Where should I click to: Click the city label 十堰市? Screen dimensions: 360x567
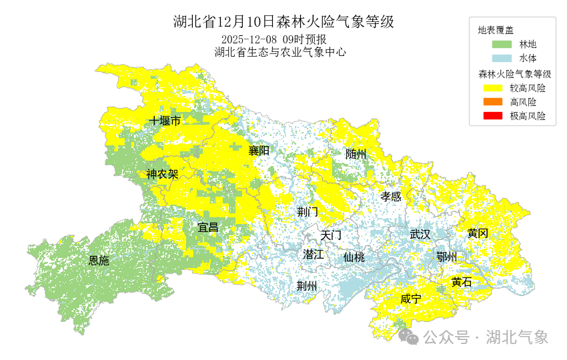(x=165, y=121)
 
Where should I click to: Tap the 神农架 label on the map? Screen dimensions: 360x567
(x=162, y=175)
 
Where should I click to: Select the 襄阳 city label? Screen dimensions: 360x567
(x=259, y=151)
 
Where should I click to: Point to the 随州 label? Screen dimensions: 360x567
(x=356, y=154)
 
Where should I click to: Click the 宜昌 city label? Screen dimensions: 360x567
(x=208, y=227)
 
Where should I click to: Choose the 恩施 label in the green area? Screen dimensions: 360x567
(x=99, y=261)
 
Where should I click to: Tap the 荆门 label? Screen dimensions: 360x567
(x=308, y=212)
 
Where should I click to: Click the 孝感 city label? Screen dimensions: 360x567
(x=391, y=196)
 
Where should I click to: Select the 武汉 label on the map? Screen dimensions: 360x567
(x=420, y=234)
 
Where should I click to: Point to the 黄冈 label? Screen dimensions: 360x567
(x=478, y=233)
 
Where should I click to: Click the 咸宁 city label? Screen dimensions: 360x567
(x=411, y=299)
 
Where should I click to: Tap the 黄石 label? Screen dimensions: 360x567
(x=462, y=282)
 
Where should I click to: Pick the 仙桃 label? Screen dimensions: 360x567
(x=354, y=257)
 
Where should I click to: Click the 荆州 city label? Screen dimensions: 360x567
(x=307, y=286)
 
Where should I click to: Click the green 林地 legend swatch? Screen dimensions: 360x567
(x=502, y=45)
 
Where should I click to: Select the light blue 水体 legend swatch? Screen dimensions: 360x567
(x=502, y=59)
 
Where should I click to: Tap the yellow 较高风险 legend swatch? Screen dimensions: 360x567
(x=502, y=88)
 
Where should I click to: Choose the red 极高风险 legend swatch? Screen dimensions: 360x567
(x=502, y=116)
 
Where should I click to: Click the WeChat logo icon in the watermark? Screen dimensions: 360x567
(x=408, y=337)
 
